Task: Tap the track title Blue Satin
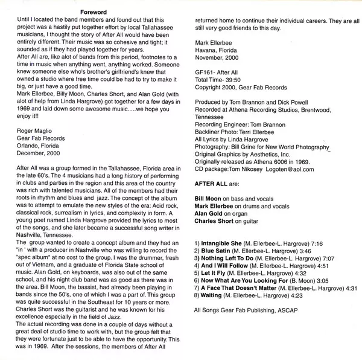216,249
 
